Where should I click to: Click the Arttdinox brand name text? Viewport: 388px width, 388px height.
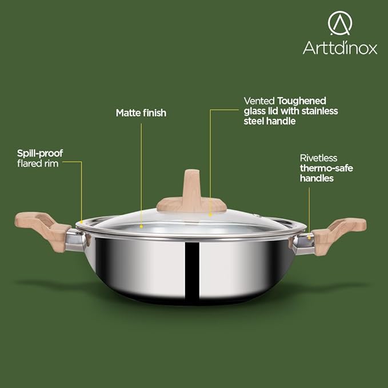340,48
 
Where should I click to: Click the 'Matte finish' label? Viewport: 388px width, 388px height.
141,113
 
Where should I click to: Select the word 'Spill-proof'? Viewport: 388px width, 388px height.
39,153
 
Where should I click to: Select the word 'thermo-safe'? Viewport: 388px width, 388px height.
324,168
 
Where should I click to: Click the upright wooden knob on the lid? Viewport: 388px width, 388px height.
191,189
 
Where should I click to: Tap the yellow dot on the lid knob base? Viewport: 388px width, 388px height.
210,215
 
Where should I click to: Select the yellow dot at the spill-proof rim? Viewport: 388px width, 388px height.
81,221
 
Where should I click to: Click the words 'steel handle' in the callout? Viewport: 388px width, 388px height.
269,121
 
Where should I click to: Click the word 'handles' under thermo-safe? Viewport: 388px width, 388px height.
317,178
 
